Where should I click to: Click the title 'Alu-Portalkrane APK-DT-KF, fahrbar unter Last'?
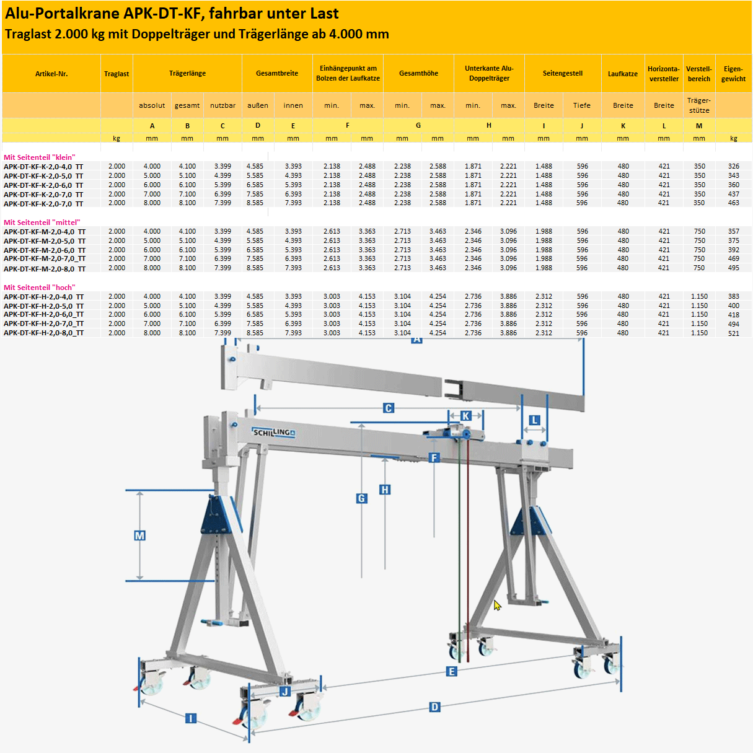(172, 14)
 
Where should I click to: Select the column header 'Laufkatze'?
(622, 74)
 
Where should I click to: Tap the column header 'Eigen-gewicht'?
(733, 74)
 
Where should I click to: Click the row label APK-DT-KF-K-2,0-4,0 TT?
(43, 167)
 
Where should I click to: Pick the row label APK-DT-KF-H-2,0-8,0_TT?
(43, 333)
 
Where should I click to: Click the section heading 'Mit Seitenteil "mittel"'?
(42, 222)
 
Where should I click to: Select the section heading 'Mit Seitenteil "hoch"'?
(40, 288)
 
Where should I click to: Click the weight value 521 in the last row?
(733, 333)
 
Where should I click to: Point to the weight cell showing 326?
(733, 167)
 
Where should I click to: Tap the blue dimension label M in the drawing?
(139, 535)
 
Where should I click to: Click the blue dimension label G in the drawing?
(362, 498)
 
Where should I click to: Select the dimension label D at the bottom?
(434, 707)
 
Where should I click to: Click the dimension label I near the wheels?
(191, 718)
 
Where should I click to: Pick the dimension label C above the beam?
(389, 408)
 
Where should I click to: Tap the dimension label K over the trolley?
(465, 416)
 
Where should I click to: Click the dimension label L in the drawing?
(534, 421)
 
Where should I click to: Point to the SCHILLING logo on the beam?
(273, 432)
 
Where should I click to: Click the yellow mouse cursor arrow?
(496, 605)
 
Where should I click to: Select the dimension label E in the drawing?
(451, 672)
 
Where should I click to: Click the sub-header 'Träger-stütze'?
(698, 105)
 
